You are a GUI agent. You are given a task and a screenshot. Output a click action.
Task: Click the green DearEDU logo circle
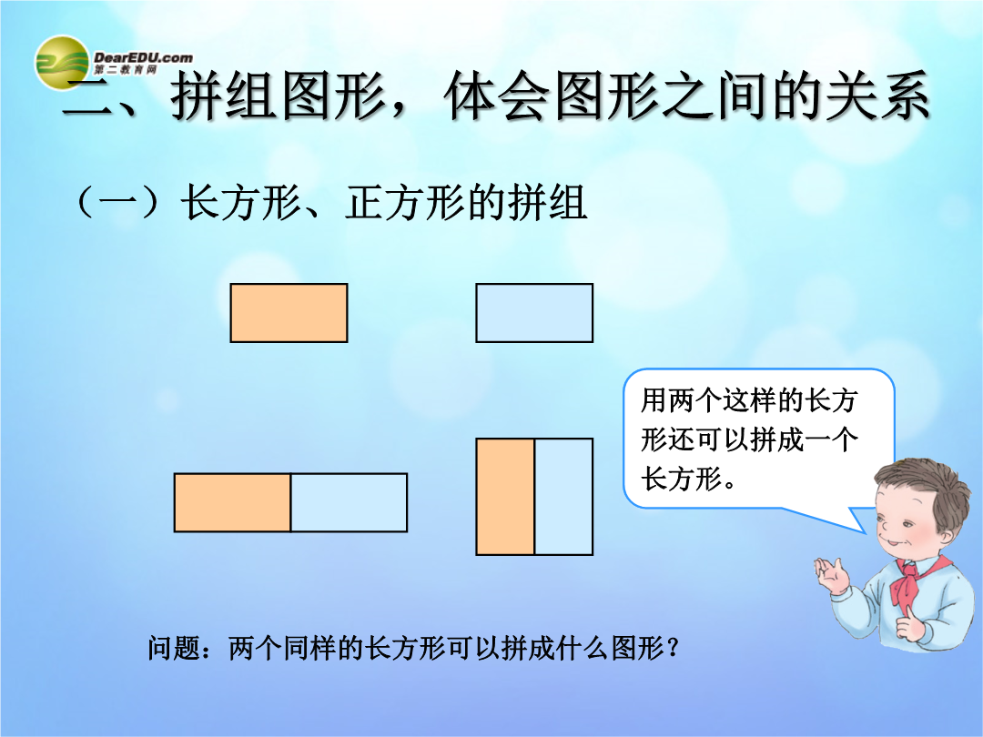[x=62, y=63]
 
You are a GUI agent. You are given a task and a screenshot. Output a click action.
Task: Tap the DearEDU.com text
[x=143, y=57]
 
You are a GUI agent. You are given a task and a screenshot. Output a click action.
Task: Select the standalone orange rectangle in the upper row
[x=289, y=313]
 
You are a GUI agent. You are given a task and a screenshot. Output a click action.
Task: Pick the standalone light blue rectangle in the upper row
[x=535, y=313]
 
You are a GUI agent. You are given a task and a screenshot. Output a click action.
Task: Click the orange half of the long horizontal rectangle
[x=232, y=502]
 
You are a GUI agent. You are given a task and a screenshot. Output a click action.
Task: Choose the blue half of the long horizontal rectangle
[x=350, y=502]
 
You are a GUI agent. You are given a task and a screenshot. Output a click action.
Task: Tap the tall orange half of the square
[x=505, y=497]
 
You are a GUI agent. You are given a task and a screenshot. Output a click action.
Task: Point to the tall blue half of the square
[x=564, y=497]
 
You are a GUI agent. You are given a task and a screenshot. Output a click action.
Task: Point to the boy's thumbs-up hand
[x=909, y=623]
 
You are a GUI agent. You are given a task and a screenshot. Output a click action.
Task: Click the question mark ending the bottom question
[x=674, y=648]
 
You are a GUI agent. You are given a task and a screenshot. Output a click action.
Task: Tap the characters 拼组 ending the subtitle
[x=547, y=202]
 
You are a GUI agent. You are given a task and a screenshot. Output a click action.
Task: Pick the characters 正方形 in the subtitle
[x=404, y=202]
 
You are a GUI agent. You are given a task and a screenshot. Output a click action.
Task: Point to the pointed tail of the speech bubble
[x=866, y=532]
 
